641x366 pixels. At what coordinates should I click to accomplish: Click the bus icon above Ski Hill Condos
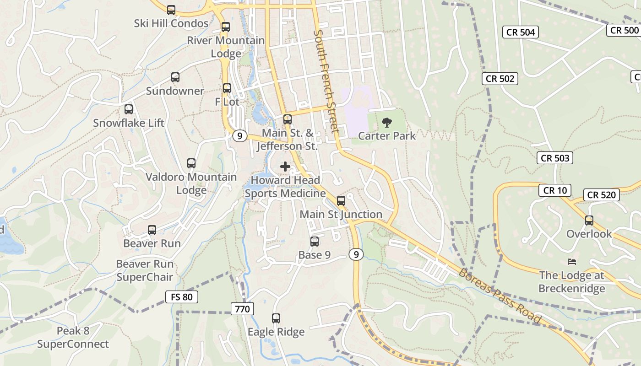click(171, 10)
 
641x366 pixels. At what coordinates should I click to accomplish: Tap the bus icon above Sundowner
click(175, 77)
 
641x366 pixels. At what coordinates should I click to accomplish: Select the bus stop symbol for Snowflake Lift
click(129, 109)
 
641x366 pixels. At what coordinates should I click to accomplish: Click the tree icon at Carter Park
click(387, 122)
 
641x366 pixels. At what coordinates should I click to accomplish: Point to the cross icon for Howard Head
click(285, 167)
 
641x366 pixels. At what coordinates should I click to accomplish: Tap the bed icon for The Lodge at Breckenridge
click(572, 262)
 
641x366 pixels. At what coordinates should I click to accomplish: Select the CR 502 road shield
click(500, 79)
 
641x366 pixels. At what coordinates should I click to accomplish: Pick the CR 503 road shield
click(555, 158)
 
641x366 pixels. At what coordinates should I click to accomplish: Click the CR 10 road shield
click(555, 190)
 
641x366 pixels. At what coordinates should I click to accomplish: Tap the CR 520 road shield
click(602, 195)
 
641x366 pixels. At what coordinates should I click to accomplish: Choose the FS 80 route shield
click(181, 297)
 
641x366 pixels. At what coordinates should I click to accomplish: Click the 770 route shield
click(242, 309)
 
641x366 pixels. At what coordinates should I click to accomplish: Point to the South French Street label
click(326, 82)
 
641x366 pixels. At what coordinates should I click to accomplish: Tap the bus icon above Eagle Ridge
click(276, 318)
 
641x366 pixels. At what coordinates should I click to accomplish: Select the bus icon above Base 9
click(315, 242)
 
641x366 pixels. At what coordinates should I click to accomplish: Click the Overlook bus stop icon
click(589, 221)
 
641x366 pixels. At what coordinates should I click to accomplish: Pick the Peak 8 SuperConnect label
click(73, 338)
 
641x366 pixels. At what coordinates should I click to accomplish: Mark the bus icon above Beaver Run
click(152, 230)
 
